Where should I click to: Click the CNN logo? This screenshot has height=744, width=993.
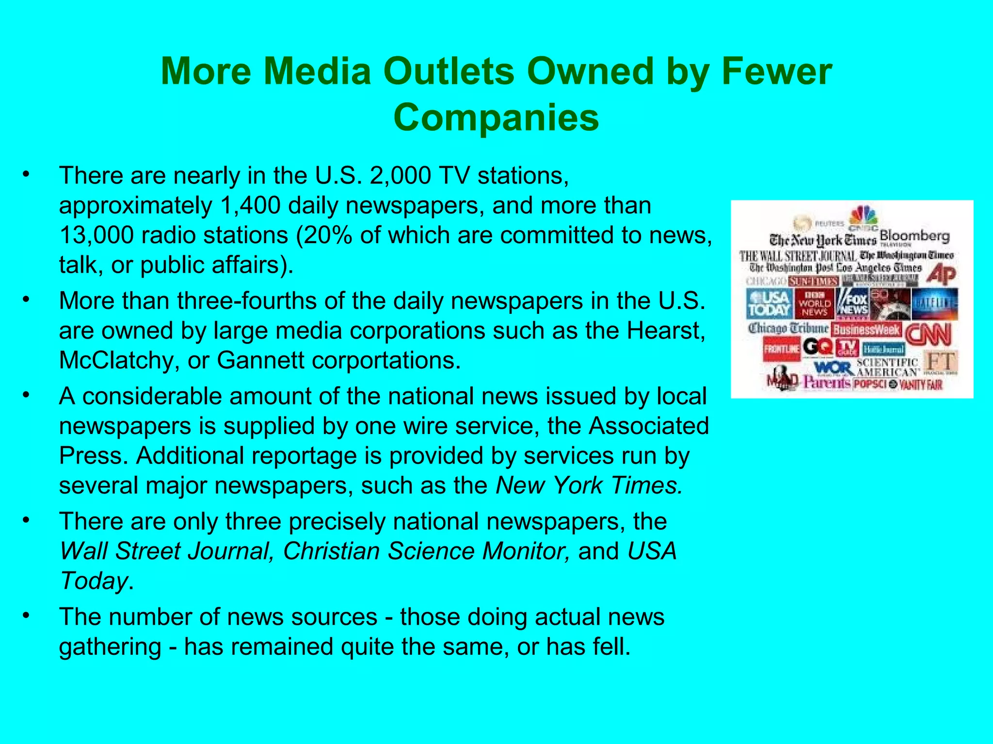click(x=928, y=334)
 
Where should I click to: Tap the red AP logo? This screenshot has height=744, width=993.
click(x=941, y=275)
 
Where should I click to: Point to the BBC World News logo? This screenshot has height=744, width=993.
click(x=815, y=304)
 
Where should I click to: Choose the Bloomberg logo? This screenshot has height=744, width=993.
click(x=914, y=236)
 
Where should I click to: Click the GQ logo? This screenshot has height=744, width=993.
click(x=817, y=346)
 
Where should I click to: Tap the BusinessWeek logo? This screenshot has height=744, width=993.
click(x=866, y=330)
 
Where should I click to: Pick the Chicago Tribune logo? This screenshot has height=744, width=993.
click(x=788, y=328)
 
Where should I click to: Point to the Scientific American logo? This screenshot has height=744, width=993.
click(x=887, y=367)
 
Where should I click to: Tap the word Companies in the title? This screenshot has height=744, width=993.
click(x=496, y=118)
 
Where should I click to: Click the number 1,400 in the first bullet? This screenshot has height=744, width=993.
click(x=250, y=205)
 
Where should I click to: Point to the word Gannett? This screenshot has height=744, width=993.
click(x=253, y=360)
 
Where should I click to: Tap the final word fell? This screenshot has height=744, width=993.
click(x=612, y=647)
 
